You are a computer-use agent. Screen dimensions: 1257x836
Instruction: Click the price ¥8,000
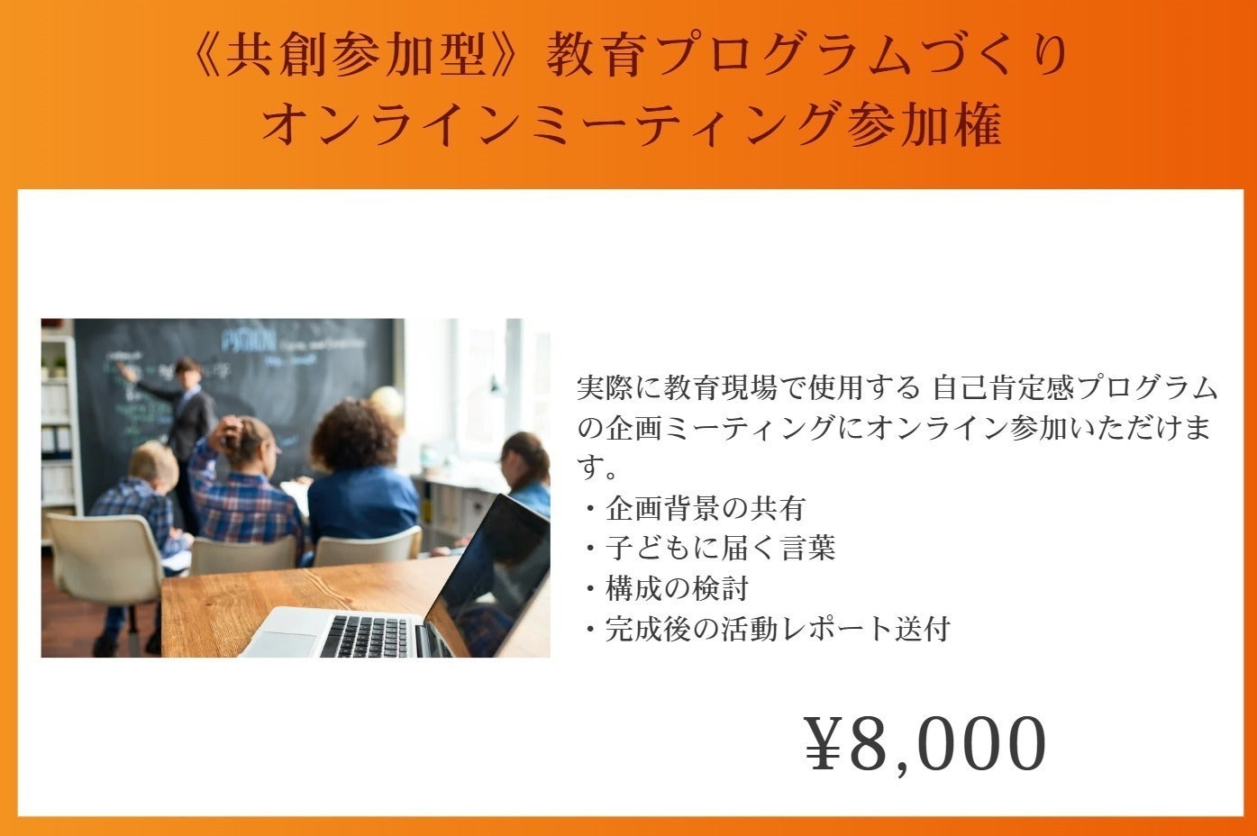pyautogui.click(x=925, y=744)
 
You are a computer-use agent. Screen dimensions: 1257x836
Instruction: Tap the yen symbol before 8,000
pyautogui.click(x=824, y=743)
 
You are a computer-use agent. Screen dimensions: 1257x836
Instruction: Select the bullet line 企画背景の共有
pyautogui.click(x=706, y=508)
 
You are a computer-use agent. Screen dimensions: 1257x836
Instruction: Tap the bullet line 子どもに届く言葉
pyautogui.click(x=721, y=548)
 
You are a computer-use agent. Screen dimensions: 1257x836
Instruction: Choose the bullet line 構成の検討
pyautogui.click(x=677, y=588)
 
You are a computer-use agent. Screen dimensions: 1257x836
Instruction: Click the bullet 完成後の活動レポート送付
pyautogui.click(x=778, y=629)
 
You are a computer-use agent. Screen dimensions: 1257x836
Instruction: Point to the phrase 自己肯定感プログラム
pyautogui.click(x=1075, y=388)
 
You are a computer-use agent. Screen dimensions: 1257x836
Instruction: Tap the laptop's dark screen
pyautogui.click(x=489, y=578)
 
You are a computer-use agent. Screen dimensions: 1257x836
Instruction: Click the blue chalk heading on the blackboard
pyautogui.click(x=248, y=341)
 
